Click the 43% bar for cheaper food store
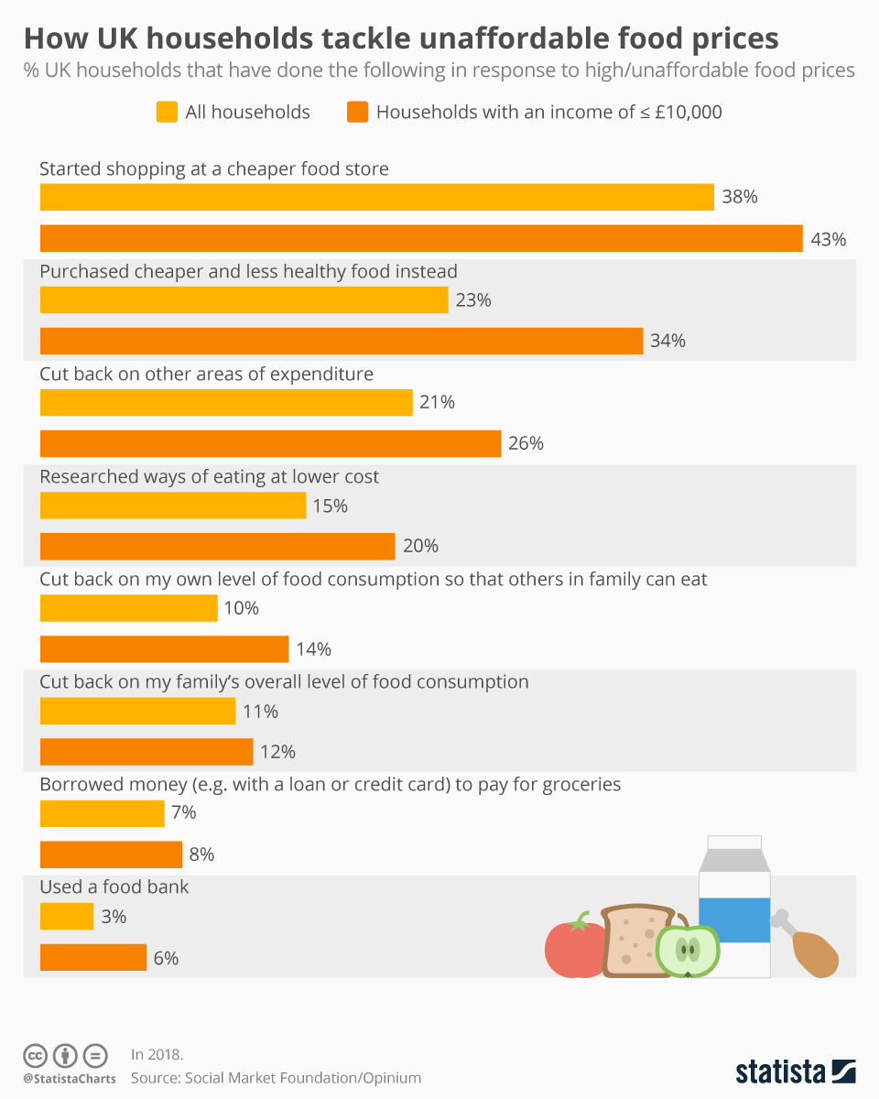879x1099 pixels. (x=421, y=238)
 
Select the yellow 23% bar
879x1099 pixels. (x=244, y=300)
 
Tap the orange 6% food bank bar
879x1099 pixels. (x=93, y=957)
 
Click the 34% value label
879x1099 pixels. (x=667, y=341)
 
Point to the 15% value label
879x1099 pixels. (x=330, y=506)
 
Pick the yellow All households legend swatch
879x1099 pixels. (x=166, y=113)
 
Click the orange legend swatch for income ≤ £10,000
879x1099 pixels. (x=357, y=113)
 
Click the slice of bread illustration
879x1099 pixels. (x=632, y=941)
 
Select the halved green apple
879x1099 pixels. (x=688, y=951)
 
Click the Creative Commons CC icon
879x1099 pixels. (x=35, y=1055)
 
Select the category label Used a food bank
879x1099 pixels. (x=114, y=887)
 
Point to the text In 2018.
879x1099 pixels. (x=157, y=1054)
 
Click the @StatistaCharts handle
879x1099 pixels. (x=70, y=1079)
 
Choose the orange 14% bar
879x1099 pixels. (x=165, y=649)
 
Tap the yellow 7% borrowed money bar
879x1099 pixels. (x=103, y=813)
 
